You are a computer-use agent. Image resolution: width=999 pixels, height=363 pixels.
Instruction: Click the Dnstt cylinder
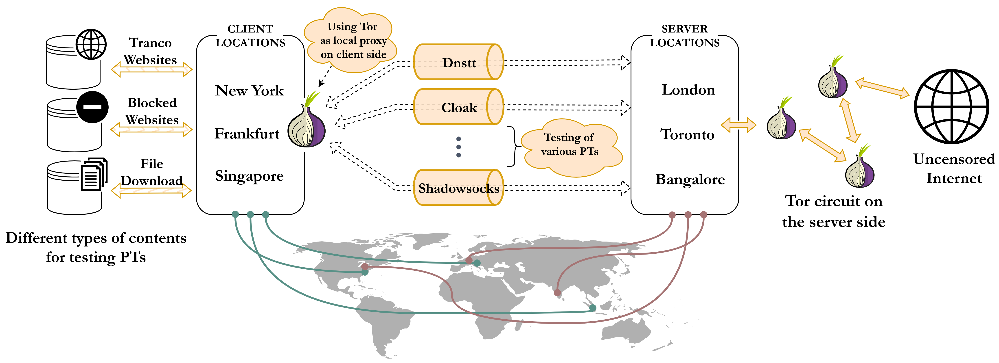pyautogui.click(x=459, y=62)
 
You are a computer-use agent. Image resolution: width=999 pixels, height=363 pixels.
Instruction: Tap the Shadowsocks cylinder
pyautogui.click(x=459, y=188)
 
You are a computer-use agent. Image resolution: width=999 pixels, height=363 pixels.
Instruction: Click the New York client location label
pyautogui.click(x=249, y=91)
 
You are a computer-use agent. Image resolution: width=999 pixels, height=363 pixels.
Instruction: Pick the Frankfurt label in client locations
pyautogui.click(x=247, y=134)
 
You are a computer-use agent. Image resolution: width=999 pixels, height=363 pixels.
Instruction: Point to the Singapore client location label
pyautogui.click(x=249, y=176)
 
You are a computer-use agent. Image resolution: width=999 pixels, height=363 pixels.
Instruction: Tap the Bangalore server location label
pyautogui.click(x=690, y=179)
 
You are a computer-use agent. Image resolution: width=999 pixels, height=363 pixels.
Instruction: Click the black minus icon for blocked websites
pyautogui.click(x=92, y=107)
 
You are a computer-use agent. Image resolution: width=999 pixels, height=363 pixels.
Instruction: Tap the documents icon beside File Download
pyautogui.click(x=94, y=174)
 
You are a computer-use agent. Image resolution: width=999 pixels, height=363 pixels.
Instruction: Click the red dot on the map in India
pyautogui.click(x=557, y=292)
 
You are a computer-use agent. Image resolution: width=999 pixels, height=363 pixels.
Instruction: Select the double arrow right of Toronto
pyautogui.click(x=738, y=125)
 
